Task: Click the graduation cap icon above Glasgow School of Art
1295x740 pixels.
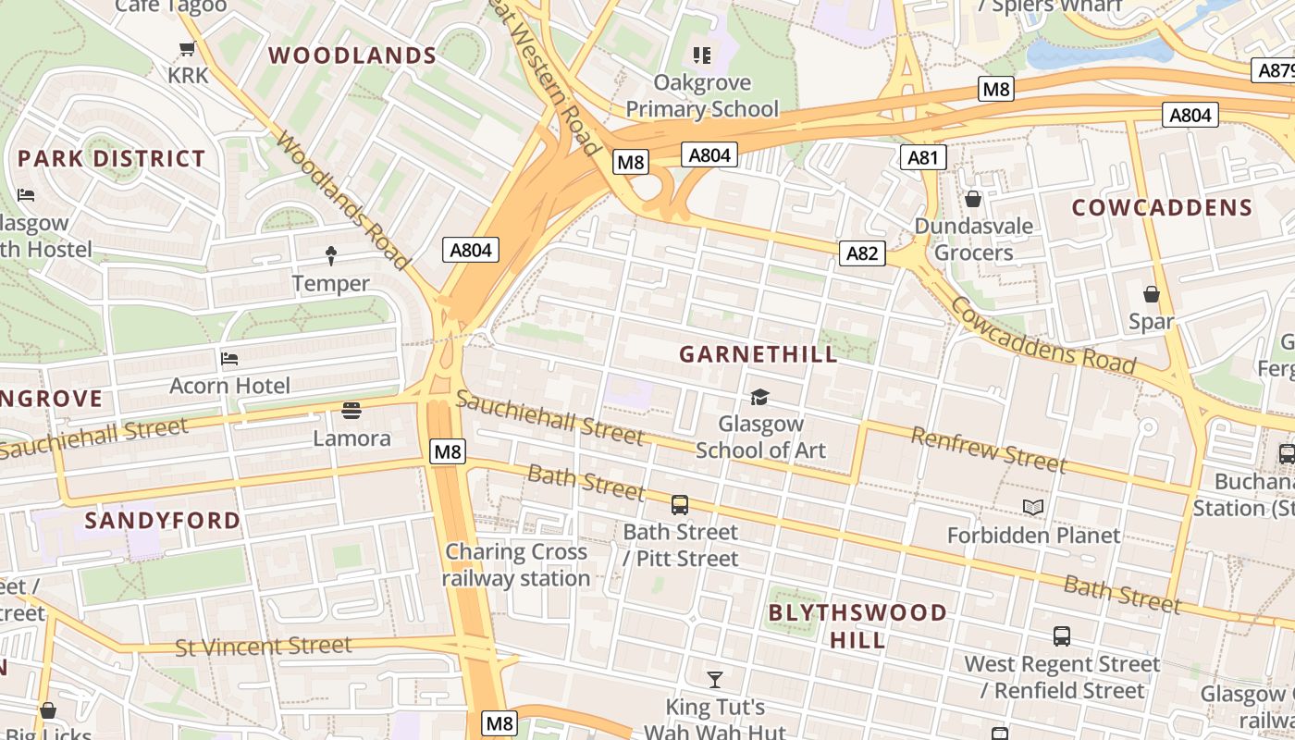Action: tap(759, 397)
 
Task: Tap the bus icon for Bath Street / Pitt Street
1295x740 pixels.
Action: tap(680, 505)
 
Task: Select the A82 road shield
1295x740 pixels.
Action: tap(862, 253)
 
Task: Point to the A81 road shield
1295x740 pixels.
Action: tap(923, 157)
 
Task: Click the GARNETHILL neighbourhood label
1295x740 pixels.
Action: tap(758, 354)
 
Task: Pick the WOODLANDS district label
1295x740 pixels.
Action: tap(352, 55)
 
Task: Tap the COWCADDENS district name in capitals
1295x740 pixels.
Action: tap(1162, 208)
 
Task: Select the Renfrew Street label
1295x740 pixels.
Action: tap(989, 450)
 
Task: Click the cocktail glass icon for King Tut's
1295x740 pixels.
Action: tap(715, 680)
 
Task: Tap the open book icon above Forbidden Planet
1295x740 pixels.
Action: tap(1033, 507)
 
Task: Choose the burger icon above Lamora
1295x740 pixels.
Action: tap(351, 409)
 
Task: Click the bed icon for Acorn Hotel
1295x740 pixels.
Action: tap(229, 358)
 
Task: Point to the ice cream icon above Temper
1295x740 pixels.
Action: tap(331, 254)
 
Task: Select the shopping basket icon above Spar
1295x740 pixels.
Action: tap(1152, 294)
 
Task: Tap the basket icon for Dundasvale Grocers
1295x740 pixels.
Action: tap(973, 199)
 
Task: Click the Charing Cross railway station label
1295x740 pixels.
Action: tap(516, 565)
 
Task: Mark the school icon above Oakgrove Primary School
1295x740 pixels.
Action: tap(702, 55)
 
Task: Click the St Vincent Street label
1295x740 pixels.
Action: tap(264, 646)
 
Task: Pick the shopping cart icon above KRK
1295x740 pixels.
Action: tap(188, 48)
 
